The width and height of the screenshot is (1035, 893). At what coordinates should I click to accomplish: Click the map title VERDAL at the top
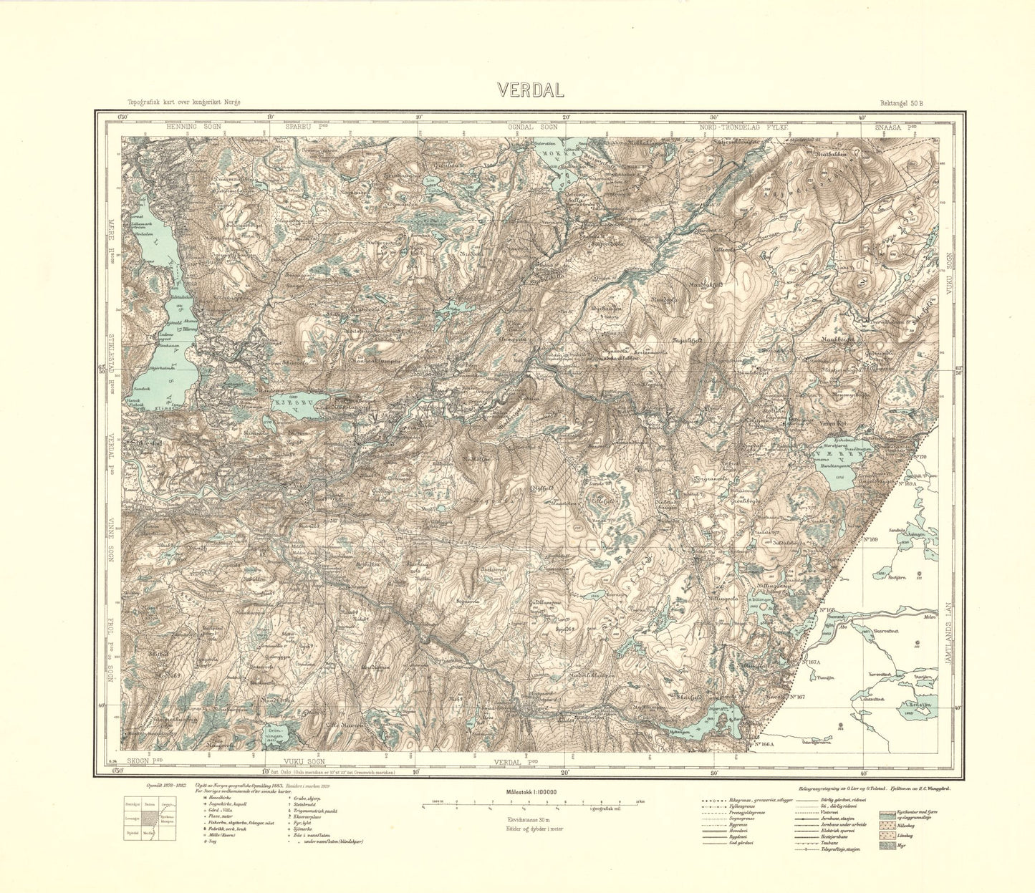click(531, 90)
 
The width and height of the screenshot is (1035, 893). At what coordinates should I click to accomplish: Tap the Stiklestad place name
click(145, 443)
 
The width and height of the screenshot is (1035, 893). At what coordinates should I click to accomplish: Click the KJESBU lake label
click(294, 403)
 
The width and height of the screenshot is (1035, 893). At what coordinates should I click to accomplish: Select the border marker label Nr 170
click(920, 457)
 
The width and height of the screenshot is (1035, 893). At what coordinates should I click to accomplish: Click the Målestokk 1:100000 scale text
click(526, 792)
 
